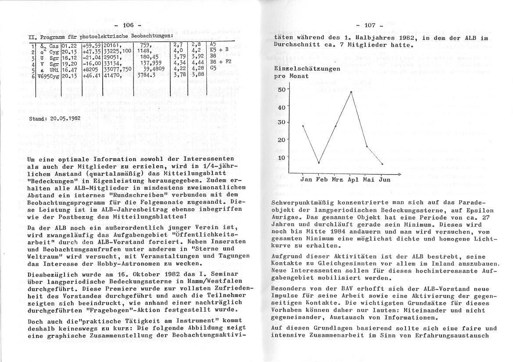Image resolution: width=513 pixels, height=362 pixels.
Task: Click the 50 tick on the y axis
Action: [x=281, y=89]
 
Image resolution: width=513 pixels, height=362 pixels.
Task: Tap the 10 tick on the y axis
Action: [x=281, y=157]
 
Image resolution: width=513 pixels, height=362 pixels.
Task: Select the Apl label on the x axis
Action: [x=353, y=179]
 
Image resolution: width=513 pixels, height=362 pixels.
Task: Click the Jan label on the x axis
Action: [x=307, y=179]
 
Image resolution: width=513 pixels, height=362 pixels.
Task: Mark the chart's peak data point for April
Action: [x=351, y=92]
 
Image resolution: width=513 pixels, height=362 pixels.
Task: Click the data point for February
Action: [x=319, y=163]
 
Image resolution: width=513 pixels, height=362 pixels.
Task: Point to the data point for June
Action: [x=382, y=164]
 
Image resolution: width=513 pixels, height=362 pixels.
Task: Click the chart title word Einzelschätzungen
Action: [x=306, y=69]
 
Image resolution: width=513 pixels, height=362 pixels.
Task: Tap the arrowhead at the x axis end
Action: [x=399, y=174]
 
